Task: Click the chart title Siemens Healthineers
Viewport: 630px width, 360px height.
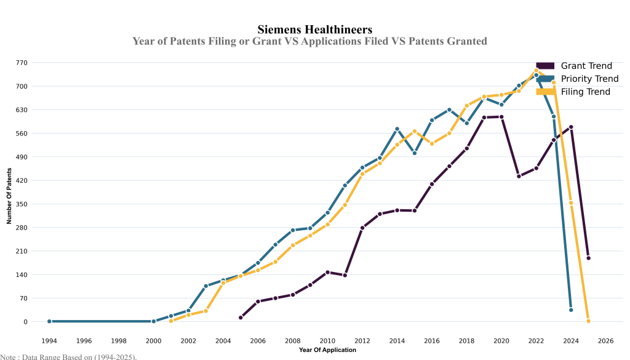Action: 314,29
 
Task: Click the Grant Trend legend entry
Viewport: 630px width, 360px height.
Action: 586,66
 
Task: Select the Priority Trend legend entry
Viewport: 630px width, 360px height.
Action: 589,79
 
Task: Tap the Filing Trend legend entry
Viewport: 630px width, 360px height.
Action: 585,92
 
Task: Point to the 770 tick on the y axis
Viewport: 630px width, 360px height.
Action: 22,63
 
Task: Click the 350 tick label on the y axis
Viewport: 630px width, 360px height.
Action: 22,204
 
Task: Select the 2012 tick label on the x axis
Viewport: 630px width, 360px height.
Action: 362,340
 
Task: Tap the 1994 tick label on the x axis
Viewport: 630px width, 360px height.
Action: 49,340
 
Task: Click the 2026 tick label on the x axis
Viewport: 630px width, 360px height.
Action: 605,340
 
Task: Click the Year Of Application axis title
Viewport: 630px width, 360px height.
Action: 327,350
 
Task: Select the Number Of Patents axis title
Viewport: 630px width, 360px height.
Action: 9,192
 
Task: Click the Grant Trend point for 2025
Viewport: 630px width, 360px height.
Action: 588,258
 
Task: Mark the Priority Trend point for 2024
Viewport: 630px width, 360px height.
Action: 571,310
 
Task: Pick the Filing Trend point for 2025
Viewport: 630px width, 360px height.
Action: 588,321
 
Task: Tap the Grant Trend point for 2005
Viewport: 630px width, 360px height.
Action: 241,318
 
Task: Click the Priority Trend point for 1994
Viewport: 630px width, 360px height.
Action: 49,321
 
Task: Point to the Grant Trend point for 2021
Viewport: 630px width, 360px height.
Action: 519,176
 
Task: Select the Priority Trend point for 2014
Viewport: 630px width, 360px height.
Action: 397,129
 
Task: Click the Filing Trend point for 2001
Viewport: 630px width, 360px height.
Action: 171,321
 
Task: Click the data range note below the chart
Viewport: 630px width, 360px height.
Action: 68,356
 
